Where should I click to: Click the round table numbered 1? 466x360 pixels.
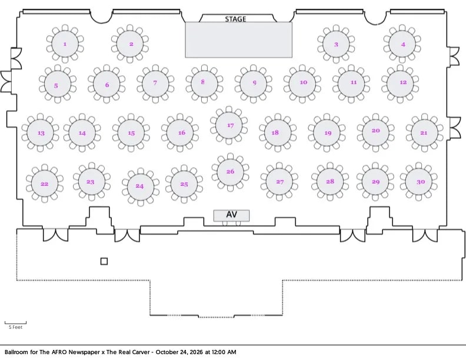65,44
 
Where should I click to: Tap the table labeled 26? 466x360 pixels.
230,172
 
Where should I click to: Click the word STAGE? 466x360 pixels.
235,19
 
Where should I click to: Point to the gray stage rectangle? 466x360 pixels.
239,39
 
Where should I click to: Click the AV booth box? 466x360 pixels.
231,215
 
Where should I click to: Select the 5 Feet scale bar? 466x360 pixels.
15,323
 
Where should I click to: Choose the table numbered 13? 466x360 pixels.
40,132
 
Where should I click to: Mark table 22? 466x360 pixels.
45,184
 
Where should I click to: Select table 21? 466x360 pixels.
425,132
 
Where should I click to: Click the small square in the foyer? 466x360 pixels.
104,261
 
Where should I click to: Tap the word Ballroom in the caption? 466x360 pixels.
16,352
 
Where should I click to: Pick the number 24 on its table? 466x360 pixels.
139,186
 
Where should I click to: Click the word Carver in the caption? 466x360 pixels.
139,352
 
